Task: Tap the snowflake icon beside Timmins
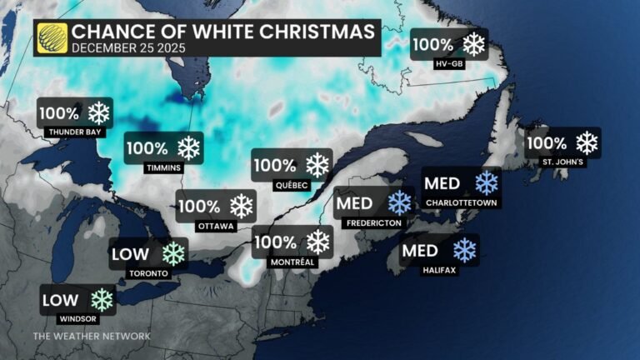coord(190,148)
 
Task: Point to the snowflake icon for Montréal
coord(317,242)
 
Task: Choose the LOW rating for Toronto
coord(132,253)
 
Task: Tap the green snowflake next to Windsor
coord(102,299)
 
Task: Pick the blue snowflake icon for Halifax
coord(464,249)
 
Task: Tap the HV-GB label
coord(449,62)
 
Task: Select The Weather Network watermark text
coord(92,336)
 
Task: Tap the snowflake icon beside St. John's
coord(587,142)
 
